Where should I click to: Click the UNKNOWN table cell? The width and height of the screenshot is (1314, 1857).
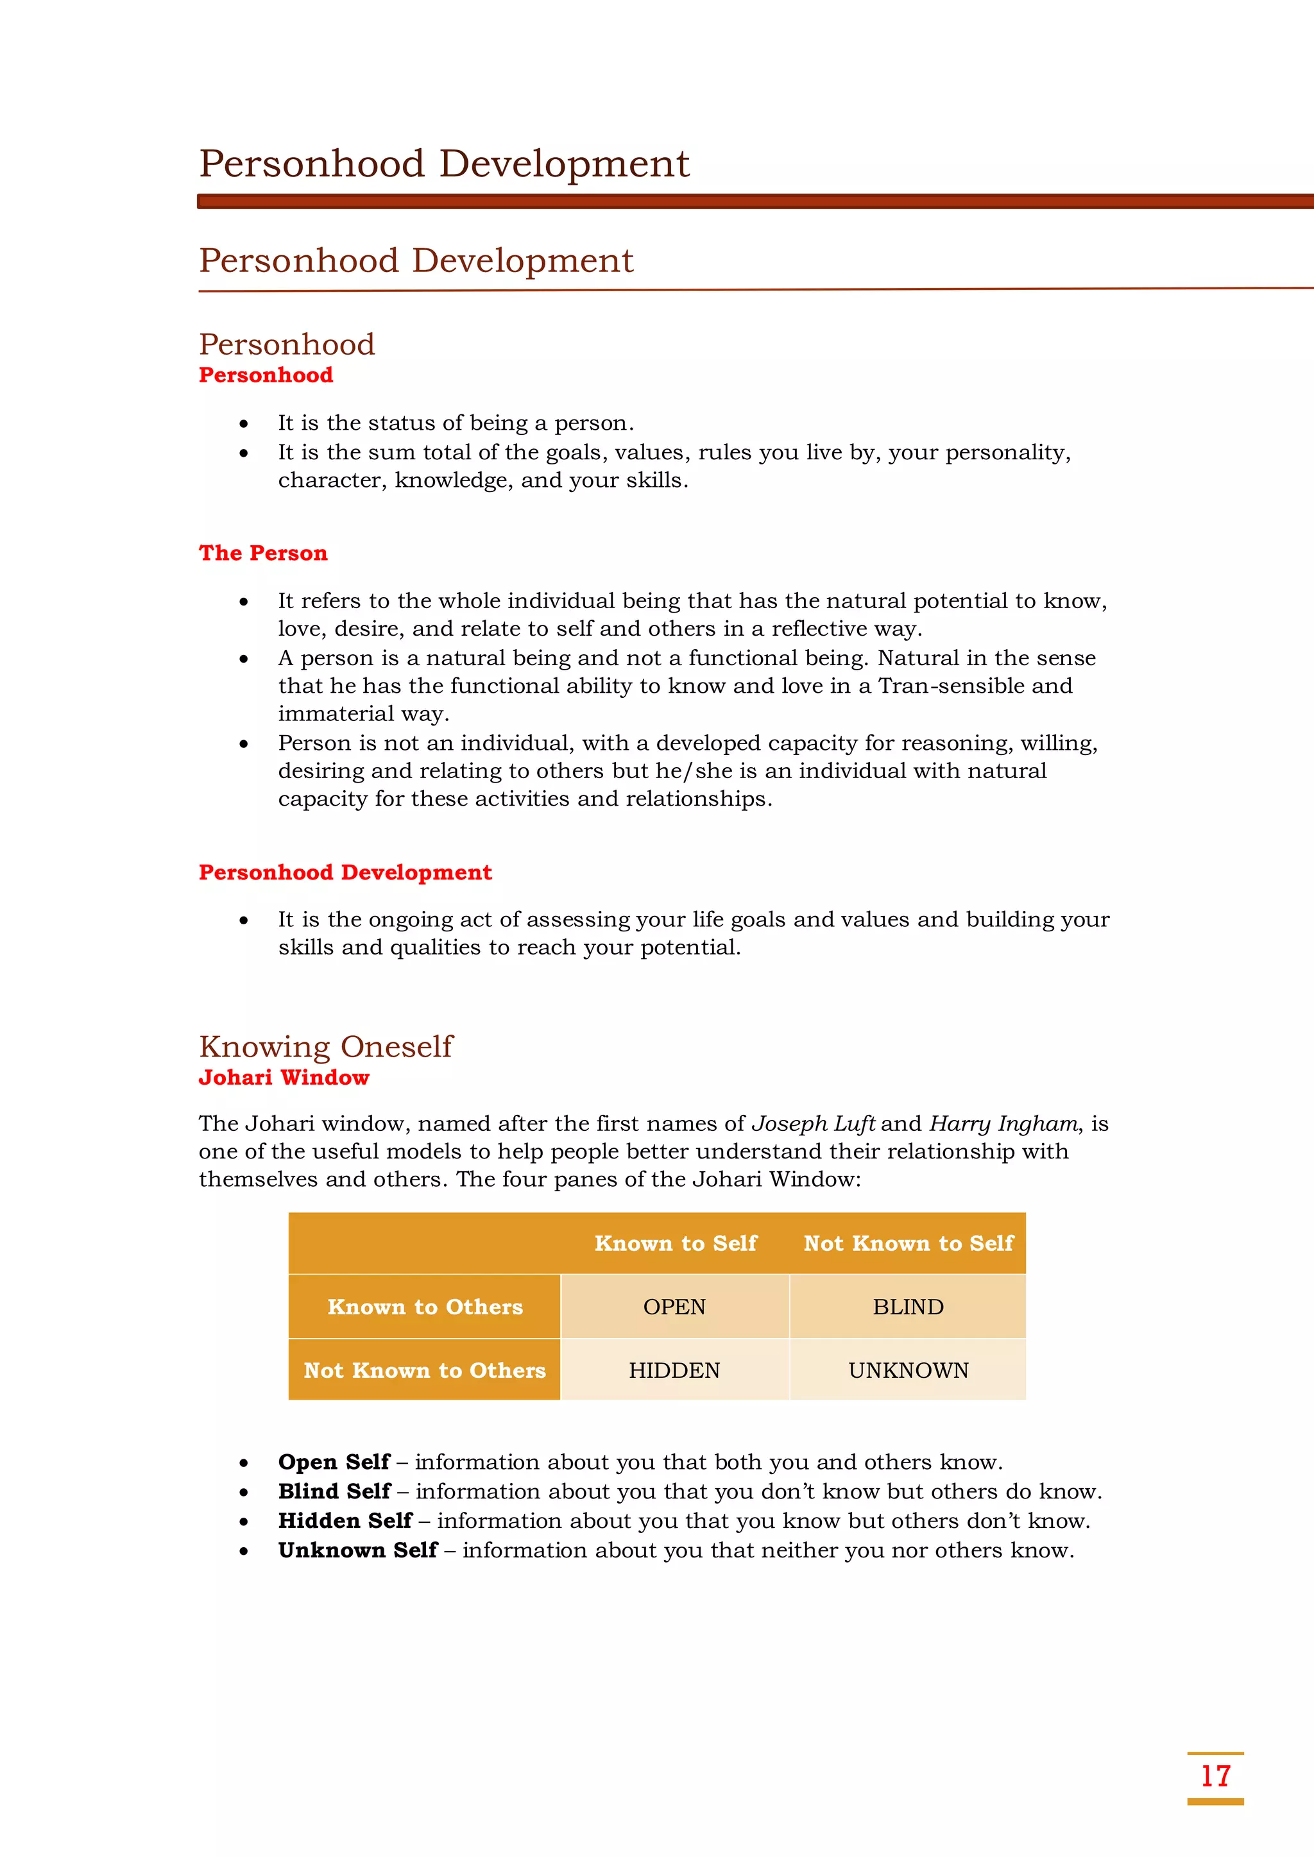pyautogui.click(x=908, y=1369)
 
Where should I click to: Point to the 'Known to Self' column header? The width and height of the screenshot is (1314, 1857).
pyautogui.click(x=676, y=1243)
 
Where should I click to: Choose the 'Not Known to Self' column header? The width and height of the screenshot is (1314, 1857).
pyautogui.click(x=908, y=1243)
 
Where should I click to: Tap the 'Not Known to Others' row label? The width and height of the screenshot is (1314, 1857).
pyautogui.click(x=425, y=1369)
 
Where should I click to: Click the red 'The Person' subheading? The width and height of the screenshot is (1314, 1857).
pyautogui.click(x=263, y=552)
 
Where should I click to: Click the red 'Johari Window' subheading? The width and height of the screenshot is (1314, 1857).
pyautogui.click(x=284, y=1078)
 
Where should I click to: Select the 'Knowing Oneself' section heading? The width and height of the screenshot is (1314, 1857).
pyautogui.click(x=325, y=1046)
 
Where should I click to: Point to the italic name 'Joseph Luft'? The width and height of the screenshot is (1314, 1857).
pyautogui.click(x=813, y=1123)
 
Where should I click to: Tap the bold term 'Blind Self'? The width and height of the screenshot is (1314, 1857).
pyautogui.click(x=334, y=1491)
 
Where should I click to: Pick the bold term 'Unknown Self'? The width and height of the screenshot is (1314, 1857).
pyautogui.click(x=357, y=1550)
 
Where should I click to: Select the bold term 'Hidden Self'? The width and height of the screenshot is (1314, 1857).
pyautogui.click(x=345, y=1520)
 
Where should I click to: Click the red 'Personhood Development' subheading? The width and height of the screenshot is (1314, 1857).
pyautogui.click(x=345, y=872)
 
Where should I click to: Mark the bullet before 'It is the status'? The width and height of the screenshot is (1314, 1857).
pyautogui.click(x=244, y=424)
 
